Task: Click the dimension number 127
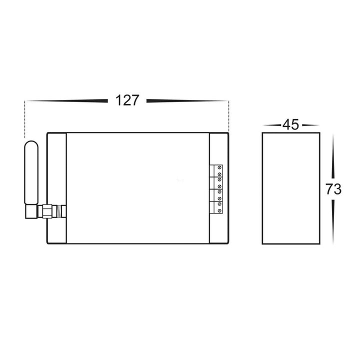point(127,100)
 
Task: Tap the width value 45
point(290,124)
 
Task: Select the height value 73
point(333,189)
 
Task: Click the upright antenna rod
point(30,172)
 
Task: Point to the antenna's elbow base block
point(31,212)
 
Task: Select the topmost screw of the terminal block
point(219,167)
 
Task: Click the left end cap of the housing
point(56,188)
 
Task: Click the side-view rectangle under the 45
point(290,188)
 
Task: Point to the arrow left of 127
point(67,101)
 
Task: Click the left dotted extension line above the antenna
point(24,119)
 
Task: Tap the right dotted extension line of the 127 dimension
point(228,116)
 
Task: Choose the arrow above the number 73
point(333,155)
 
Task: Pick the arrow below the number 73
point(333,222)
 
